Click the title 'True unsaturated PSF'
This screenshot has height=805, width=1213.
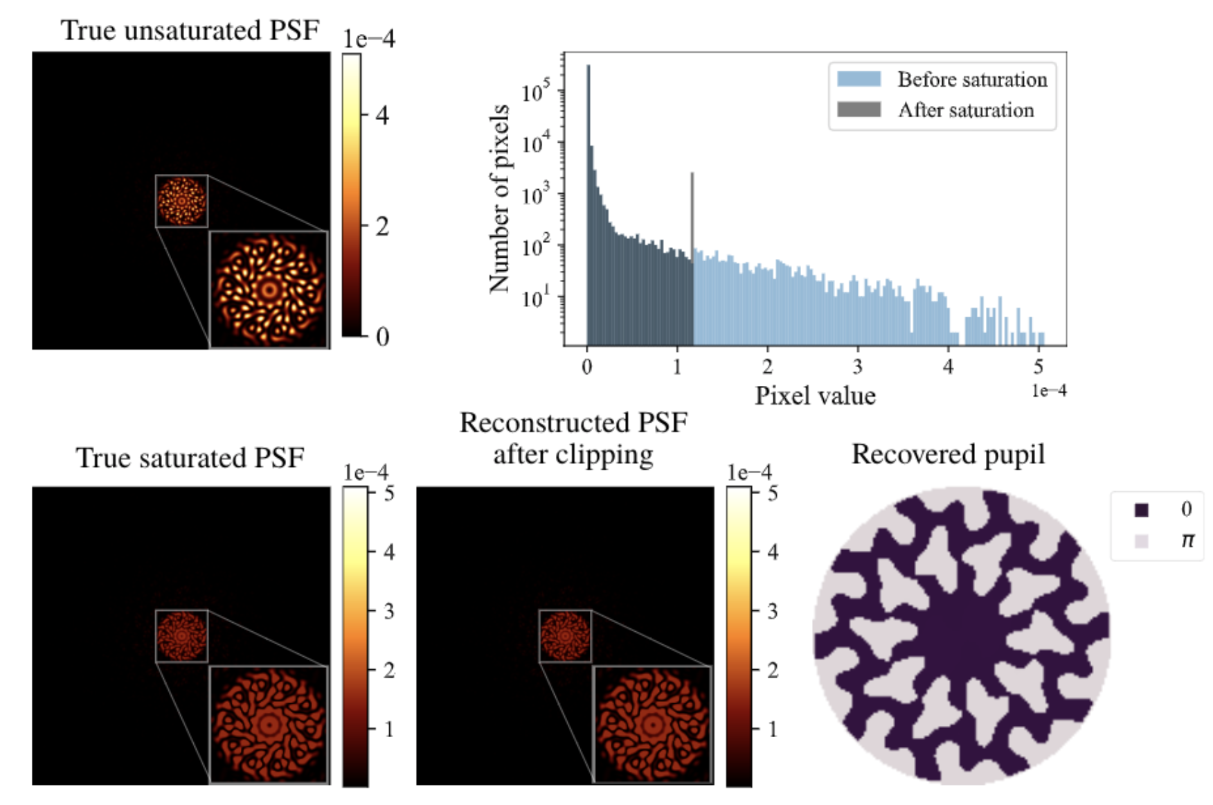tap(190, 30)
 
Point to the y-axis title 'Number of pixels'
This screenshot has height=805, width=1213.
tap(499, 199)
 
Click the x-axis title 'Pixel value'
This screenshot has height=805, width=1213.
tap(815, 396)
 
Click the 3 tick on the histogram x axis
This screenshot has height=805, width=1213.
tap(857, 366)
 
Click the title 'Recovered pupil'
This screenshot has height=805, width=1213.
tap(948, 454)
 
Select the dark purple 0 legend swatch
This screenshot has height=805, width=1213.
tap(1141, 510)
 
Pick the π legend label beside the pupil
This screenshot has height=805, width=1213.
tap(1187, 540)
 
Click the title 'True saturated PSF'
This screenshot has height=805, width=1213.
tap(190, 458)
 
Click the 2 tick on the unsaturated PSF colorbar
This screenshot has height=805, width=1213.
tap(382, 226)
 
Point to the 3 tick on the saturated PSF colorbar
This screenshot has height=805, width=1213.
tap(389, 611)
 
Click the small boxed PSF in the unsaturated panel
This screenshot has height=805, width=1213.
tap(181, 201)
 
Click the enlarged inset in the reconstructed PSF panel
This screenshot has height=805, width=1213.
tap(652, 725)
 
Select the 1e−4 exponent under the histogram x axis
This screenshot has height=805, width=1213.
tap(1048, 391)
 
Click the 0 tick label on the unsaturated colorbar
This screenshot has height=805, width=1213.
tap(382, 337)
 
